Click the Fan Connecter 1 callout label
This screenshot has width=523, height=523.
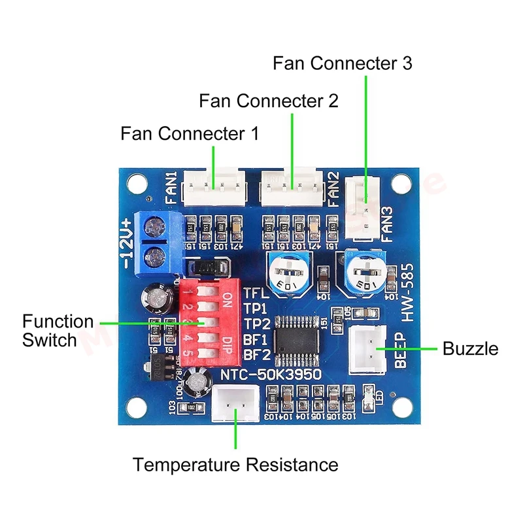pos(190,134)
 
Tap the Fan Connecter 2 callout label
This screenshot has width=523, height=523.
pos(269,101)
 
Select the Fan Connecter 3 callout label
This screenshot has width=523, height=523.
pos(343,63)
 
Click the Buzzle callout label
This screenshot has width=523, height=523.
pos(470,348)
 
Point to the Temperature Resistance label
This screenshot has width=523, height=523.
pos(236,465)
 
